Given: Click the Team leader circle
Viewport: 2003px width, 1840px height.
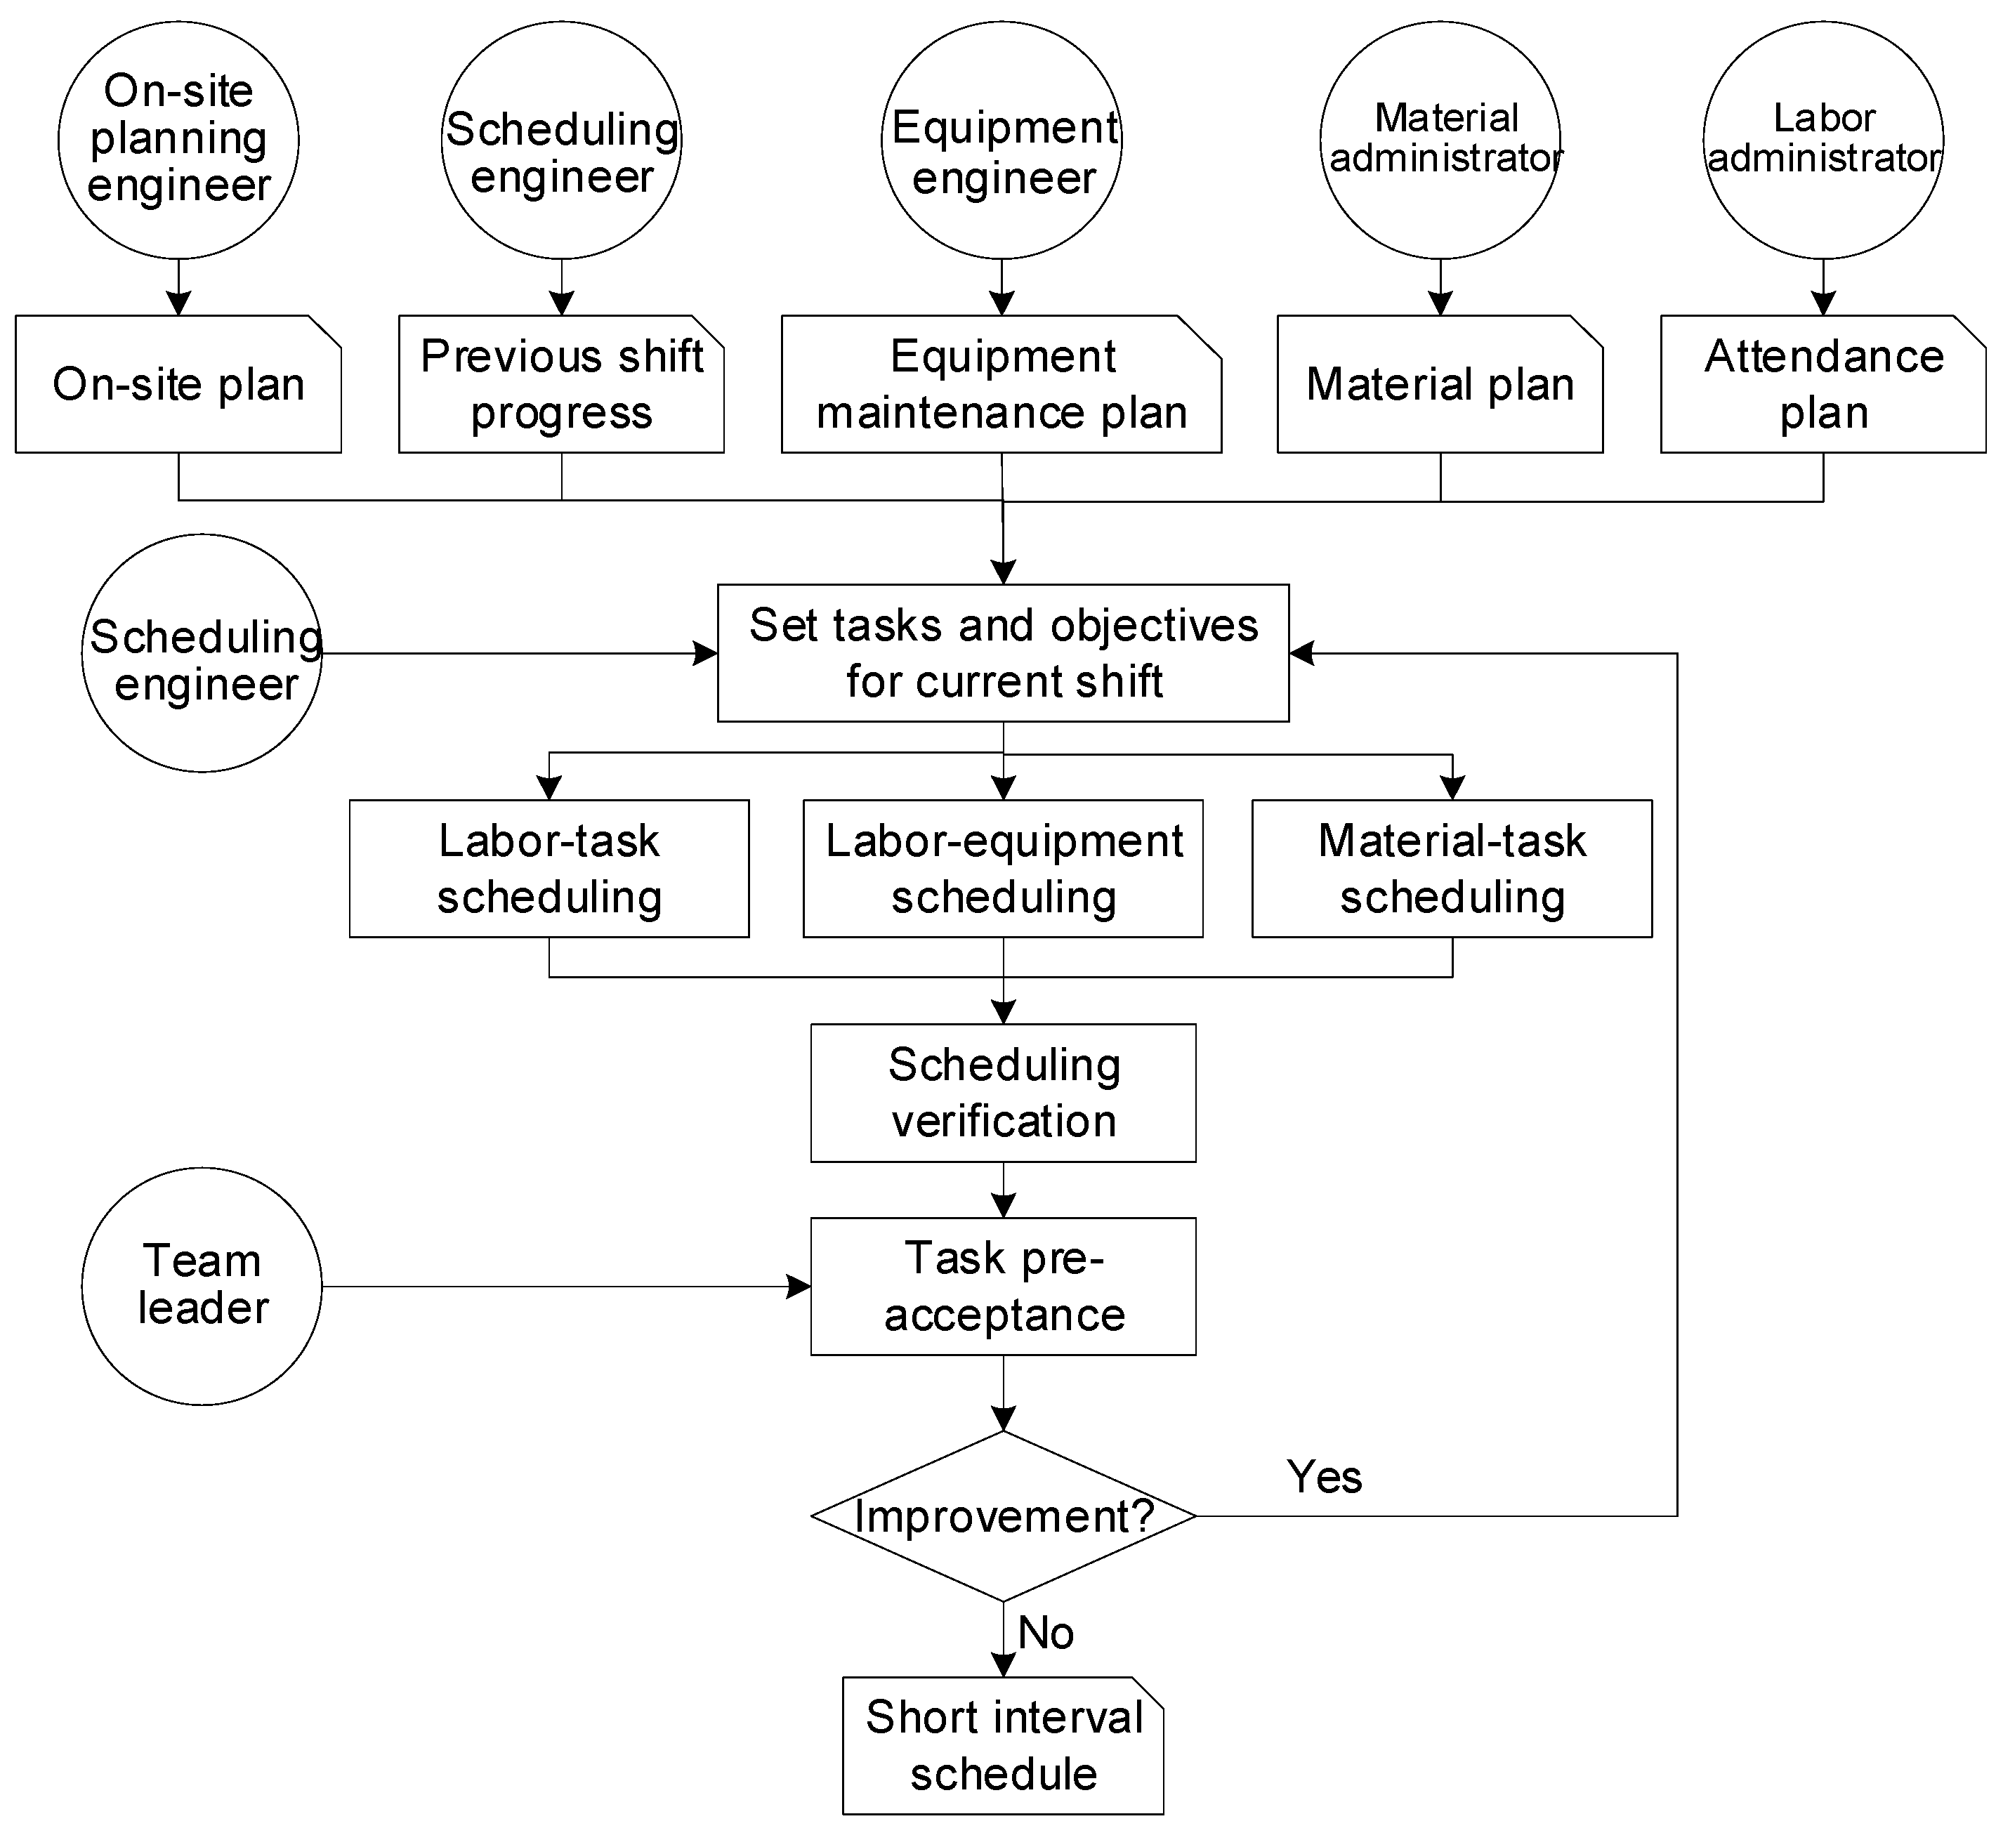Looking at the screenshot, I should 202,1287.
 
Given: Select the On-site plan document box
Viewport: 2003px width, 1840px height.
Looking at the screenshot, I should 178,384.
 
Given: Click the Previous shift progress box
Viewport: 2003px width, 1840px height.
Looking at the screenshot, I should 561,384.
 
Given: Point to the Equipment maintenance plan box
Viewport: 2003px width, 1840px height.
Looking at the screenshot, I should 1001,384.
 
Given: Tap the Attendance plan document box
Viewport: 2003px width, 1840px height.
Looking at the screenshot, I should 1823,384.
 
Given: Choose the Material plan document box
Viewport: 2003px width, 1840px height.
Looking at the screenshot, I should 1440,384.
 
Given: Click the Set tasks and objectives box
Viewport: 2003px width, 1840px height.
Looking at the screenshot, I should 1004,653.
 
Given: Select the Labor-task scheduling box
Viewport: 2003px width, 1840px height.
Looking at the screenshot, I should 549,868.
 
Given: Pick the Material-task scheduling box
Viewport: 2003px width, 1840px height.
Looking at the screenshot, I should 1452,868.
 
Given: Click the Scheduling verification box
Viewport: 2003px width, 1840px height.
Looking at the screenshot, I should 1004,1093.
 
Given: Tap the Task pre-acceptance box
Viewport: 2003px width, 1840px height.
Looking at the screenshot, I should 1004,1287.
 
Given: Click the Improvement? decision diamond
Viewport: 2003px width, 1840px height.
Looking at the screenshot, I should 1004,1516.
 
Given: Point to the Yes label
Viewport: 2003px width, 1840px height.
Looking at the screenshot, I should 1324,1477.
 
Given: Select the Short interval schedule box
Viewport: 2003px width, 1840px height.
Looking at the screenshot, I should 1004,1745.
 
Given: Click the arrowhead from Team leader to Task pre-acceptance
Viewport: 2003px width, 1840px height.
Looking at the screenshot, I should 799,1287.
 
